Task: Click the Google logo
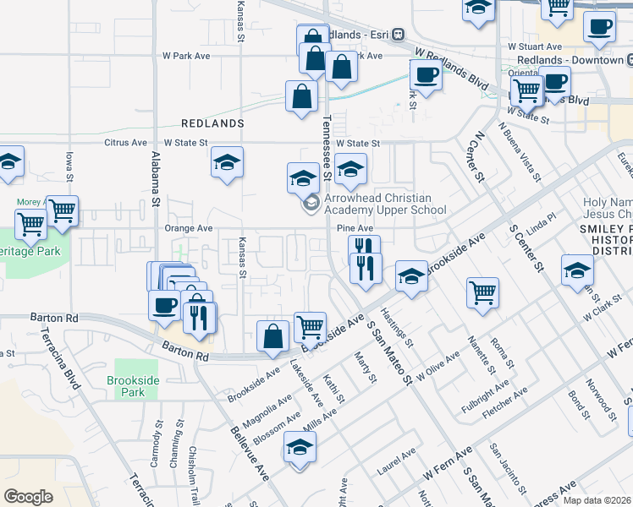point(28,496)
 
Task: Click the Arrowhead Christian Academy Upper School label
point(384,204)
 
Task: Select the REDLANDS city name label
point(217,123)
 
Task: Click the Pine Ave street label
point(355,228)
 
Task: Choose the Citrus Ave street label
point(126,143)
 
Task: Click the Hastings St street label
point(401,330)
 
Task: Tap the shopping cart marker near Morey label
point(63,212)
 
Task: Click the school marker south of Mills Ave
point(300,447)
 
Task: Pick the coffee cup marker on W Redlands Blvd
point(426,74)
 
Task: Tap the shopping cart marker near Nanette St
point(482,292)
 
